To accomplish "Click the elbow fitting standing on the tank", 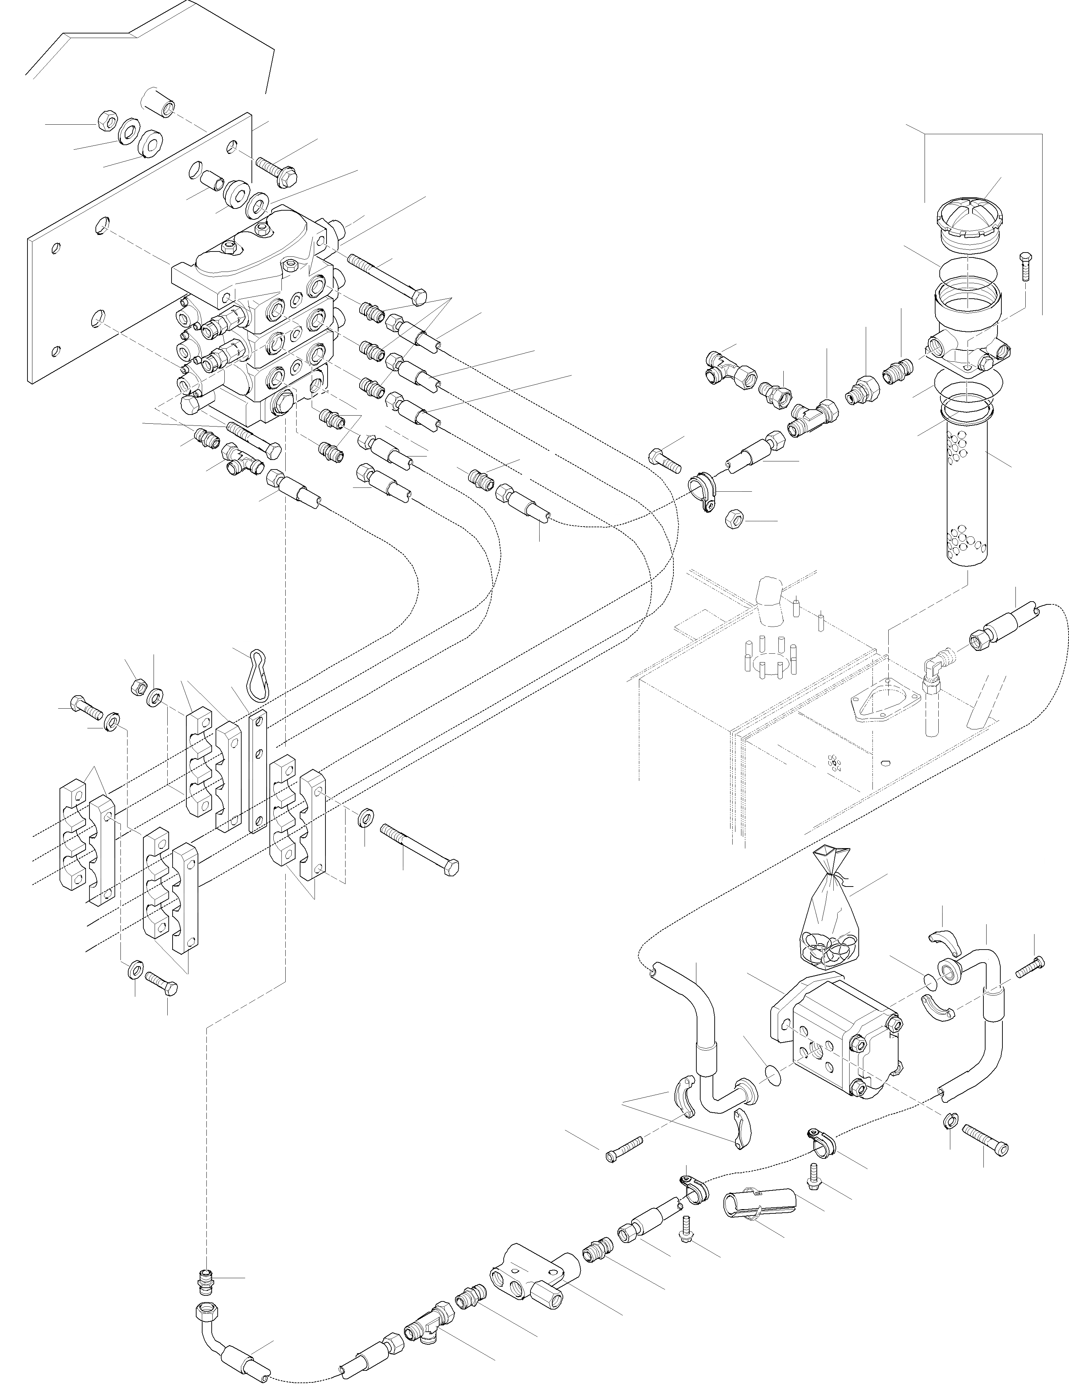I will pos(933,678).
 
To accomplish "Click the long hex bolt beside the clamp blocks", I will pos(420,848).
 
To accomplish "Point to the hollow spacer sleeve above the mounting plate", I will pos(159,102).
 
